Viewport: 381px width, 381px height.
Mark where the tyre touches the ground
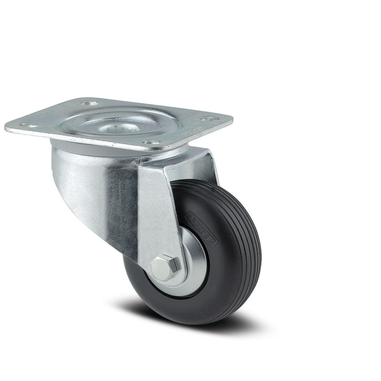190,324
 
